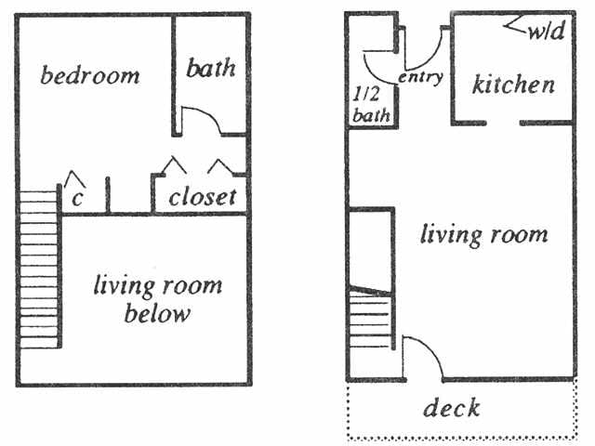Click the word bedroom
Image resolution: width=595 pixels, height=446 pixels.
(x=90, y=75)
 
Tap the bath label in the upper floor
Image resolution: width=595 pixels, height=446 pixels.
(x=211, y=69)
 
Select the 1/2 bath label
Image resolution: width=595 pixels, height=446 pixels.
(x=371, y=104)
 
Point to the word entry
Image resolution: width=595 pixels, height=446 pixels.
(x=420, y=77)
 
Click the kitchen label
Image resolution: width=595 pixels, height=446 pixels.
(x=514, y=85)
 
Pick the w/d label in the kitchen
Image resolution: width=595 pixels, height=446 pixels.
(x=546, y=33)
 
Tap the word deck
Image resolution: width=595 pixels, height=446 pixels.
(x=452, y=408)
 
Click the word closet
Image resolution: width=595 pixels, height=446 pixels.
(x=203, y=197)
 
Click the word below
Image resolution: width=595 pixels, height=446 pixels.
(x=158, y=313)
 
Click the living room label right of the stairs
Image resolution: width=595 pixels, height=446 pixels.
(x=483, y=233)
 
